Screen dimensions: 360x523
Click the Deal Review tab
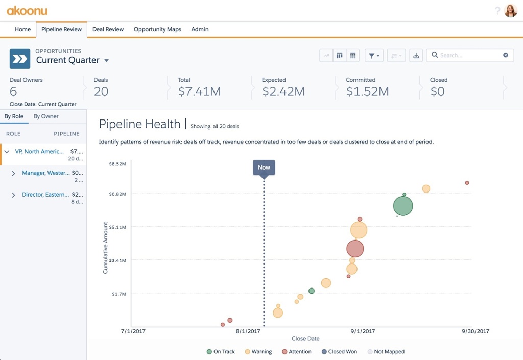click(x=108, y=29)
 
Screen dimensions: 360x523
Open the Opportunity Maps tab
click(x=157, y=29)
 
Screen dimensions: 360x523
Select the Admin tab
click(x=200, y=29)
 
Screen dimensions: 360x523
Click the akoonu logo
click(x=27, y=10)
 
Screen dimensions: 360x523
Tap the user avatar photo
click(x=510, y=11)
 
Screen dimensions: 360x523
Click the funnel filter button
click(x=374, y=55)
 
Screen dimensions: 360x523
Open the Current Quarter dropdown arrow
click(x=106, y=60)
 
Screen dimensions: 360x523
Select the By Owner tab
click(x=46, y=116)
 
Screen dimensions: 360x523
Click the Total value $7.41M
click(x=199, y=91)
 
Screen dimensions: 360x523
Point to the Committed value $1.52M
click(x=367, y=91)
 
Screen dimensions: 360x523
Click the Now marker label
click(x=264, y=167)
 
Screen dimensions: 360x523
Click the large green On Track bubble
click(x=403, y=206)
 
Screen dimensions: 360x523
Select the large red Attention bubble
click(x=355, y=249)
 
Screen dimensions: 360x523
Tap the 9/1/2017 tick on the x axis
click(x=363, y=331)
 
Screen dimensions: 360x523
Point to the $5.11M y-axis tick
click(x=117, y=227)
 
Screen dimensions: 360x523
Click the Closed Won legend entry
click(x=340, y=351)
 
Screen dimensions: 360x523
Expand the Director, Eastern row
click(x=14, y=195)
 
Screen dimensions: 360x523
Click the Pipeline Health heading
click(x=139, y=124)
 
